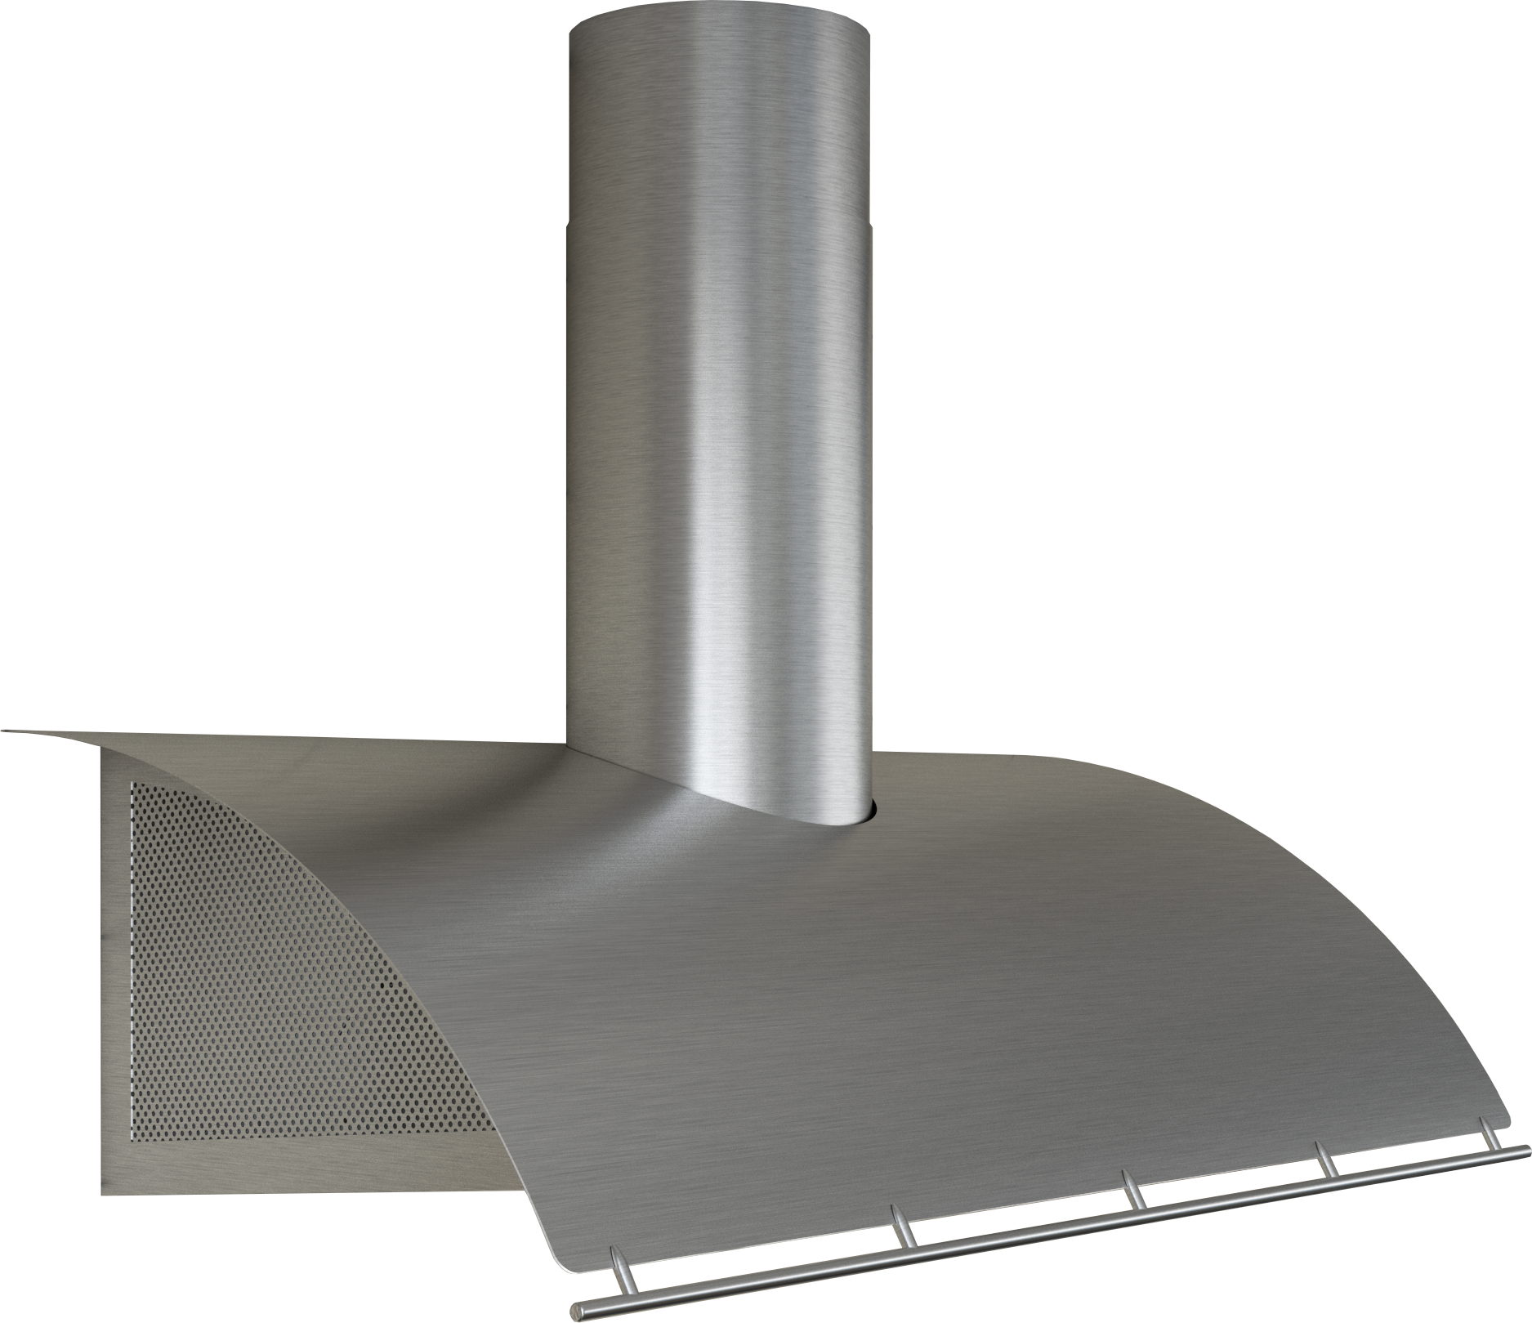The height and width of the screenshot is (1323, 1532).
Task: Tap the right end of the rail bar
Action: point(1525,1150)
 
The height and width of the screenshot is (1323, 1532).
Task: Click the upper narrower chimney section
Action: point(717,123)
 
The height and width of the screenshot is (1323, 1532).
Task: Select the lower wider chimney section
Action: point(717,490)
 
